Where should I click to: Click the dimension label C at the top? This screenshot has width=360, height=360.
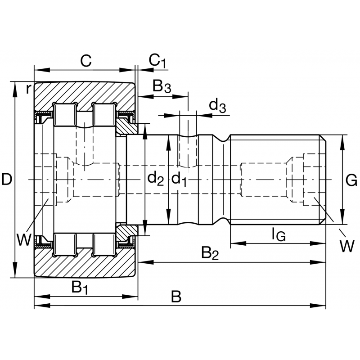pyautogui.click(x=85, y=61)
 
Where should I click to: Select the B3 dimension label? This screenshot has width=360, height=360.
pyautogui.click(x=162, y=86)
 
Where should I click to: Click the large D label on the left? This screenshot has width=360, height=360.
pyautogui.click(x=6, y=180)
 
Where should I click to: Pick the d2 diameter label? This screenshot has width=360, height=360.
pyautogui.click(x=156, y=180)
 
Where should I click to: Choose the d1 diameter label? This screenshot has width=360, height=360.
pyautogui.click(x=179, y=180)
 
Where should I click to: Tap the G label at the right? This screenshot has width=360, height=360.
pyautogui.click(x=351, y=180)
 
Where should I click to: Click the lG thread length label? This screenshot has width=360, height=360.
pyautogui.click(x=278, y=234)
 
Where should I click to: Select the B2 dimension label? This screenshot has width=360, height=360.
pyautogui.click(x=210, y=253)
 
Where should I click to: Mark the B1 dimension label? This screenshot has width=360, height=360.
pyautogui.click(x=80, y=287)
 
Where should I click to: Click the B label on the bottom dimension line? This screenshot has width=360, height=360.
pyautogui.click(x=176, y=297)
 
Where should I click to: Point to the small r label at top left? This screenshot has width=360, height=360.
pyautogui.click(x=28, y=89)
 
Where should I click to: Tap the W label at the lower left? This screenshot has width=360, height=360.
pyautogui.click(x=24, y=238)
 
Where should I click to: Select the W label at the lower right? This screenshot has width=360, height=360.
pyautogui.click(x=346, y=246)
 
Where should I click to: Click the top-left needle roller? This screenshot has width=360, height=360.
pyautogui.click(x=64, y=115)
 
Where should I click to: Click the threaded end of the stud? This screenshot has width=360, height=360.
pyautogui.click(x=277, y=180)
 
